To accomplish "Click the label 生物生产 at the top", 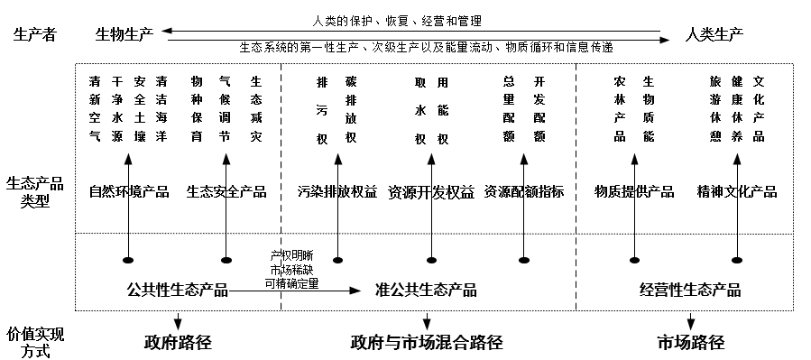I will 124,34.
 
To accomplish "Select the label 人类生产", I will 714,34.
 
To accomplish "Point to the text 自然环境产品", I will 129,191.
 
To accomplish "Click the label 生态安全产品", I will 226,191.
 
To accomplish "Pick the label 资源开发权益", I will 430,191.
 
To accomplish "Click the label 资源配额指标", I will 524,191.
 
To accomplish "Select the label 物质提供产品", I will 634,191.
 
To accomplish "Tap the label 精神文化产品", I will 737,191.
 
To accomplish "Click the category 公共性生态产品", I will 178,290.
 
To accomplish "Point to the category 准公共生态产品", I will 426,290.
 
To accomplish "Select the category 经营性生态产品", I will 690,290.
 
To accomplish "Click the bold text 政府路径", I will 178,342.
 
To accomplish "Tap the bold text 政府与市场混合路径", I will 426,342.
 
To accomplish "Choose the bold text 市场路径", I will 690,342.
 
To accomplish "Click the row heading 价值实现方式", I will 35,342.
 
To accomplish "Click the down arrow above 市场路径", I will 690,320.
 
